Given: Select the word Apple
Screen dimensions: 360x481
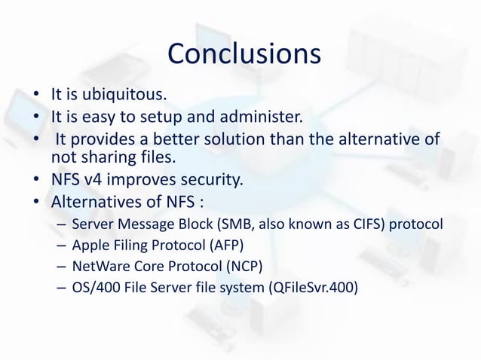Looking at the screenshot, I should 89,246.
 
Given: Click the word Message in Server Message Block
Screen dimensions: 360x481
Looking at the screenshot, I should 146,225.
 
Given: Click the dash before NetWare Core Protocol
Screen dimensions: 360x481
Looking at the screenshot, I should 61,266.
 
